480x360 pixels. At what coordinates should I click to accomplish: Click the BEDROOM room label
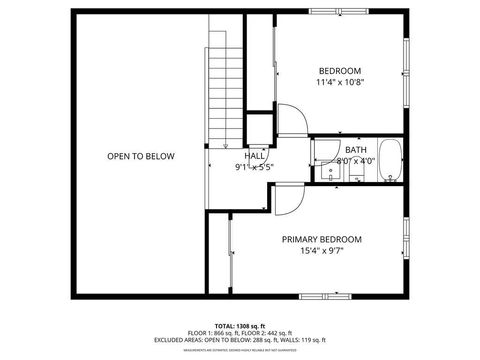(x=339, y=70)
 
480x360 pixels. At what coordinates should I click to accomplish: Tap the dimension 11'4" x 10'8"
(x=339, y=83)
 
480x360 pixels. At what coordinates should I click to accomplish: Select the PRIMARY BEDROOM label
(x=321, y=239)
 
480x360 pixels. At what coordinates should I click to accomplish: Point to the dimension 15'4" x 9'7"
(x=321, y=252)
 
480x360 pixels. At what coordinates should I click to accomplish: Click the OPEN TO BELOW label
(x=141, y=156)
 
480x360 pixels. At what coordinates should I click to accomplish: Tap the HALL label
(x=254, y=156)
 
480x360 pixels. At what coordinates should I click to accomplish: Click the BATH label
(x=356, y=149)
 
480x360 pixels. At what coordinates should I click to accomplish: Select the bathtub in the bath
(x=390, y=161)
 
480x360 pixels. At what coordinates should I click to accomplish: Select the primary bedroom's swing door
(x=286, y=200)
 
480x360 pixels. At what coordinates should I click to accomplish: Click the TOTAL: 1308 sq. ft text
(x=240, y=326)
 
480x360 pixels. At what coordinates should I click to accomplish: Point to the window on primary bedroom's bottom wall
(x=327, y=296)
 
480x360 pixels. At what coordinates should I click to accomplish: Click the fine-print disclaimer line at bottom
(x=240, y=350)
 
